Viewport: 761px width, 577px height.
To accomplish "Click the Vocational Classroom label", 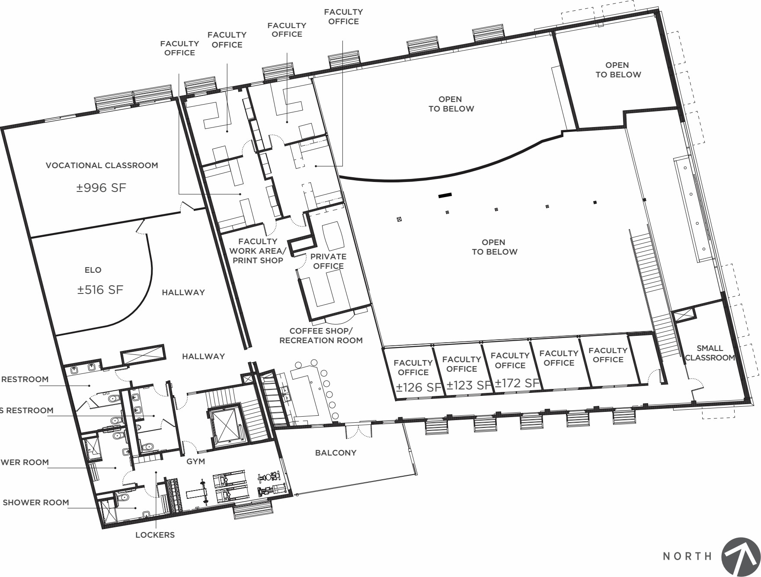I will tap(102, 166).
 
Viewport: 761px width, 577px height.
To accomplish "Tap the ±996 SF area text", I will tap(101, 188).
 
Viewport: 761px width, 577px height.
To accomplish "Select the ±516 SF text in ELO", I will tap(100, 290).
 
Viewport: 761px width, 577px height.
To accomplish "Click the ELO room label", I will tap(93, 270).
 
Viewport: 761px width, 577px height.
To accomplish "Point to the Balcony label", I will tap(336, 453).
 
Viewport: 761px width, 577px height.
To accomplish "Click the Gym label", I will tap(195, 462).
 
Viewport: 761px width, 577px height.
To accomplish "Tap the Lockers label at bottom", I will tap(155, 535).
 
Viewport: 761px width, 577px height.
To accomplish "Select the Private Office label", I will tap(328, 261).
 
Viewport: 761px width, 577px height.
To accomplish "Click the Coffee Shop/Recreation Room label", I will tap(321, 336).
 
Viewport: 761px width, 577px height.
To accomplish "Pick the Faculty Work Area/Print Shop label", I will tap(258, 251).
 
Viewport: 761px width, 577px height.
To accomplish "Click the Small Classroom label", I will tap(710, 353).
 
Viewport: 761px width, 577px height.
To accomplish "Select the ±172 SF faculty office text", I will tap(518, 383).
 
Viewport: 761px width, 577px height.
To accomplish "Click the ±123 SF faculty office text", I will tap(469, 385).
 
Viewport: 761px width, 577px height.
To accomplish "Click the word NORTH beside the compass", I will tap(687, 556).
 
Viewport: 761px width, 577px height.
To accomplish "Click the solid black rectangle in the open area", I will tap(445, 195).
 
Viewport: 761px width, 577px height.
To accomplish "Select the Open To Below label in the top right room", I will tap(618, 70).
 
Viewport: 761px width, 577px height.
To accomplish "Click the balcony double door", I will tap(358, 430).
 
